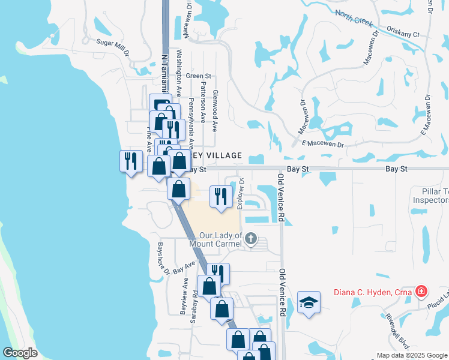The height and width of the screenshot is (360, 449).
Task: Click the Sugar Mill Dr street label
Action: (x=113, y=47)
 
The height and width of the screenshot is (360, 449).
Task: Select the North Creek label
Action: (x=354, y=19)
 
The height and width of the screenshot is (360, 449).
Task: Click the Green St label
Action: (x=199, y=76)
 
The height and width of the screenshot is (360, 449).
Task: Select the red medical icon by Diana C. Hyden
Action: (x=421, y=292)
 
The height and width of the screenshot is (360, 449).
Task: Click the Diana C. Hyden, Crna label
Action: (x=372, y=293)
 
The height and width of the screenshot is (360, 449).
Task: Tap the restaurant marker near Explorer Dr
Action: (x=220, y=196)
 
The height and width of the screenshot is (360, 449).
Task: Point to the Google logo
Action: (x=20, y=353)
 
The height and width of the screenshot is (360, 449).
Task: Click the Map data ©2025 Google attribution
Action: (x=411, y=355)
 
